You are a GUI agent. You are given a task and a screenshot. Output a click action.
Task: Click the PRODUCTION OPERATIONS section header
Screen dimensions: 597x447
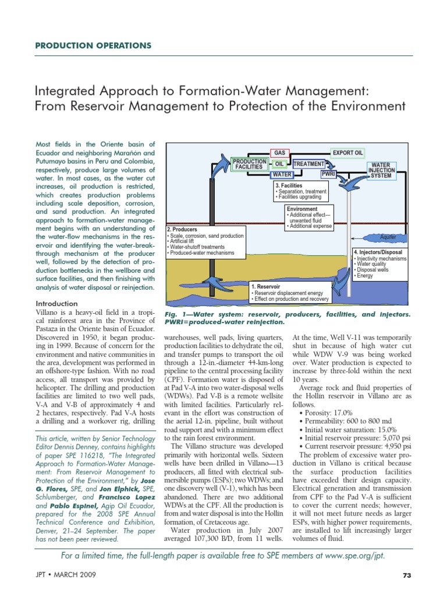pos(94,45)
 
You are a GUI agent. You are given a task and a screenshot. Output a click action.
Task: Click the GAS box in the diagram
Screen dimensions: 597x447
pos(279,153)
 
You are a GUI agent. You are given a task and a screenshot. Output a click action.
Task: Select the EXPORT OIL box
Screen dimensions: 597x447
pos(347,153)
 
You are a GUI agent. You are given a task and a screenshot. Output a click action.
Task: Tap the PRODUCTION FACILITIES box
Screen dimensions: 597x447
pos(250,164)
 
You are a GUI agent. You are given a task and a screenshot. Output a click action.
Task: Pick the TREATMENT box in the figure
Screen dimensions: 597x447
pos(308,164)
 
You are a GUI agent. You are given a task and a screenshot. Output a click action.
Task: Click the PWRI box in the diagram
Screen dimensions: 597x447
pos(329,174)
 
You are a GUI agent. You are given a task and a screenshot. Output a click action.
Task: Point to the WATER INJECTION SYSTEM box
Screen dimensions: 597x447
pos(381,170)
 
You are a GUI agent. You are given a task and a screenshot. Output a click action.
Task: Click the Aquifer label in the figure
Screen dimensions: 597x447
pos(388,237)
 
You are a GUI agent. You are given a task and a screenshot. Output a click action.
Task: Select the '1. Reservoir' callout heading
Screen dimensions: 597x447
pos(266,287)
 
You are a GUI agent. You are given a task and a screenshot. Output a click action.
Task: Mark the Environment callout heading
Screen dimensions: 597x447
pos(302,209)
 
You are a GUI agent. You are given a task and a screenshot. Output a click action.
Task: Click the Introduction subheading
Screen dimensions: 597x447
pos(56,304)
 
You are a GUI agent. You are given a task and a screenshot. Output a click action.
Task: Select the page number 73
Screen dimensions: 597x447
pos(407,575)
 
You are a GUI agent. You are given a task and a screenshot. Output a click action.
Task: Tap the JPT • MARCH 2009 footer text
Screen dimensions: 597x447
pos(66,575)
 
